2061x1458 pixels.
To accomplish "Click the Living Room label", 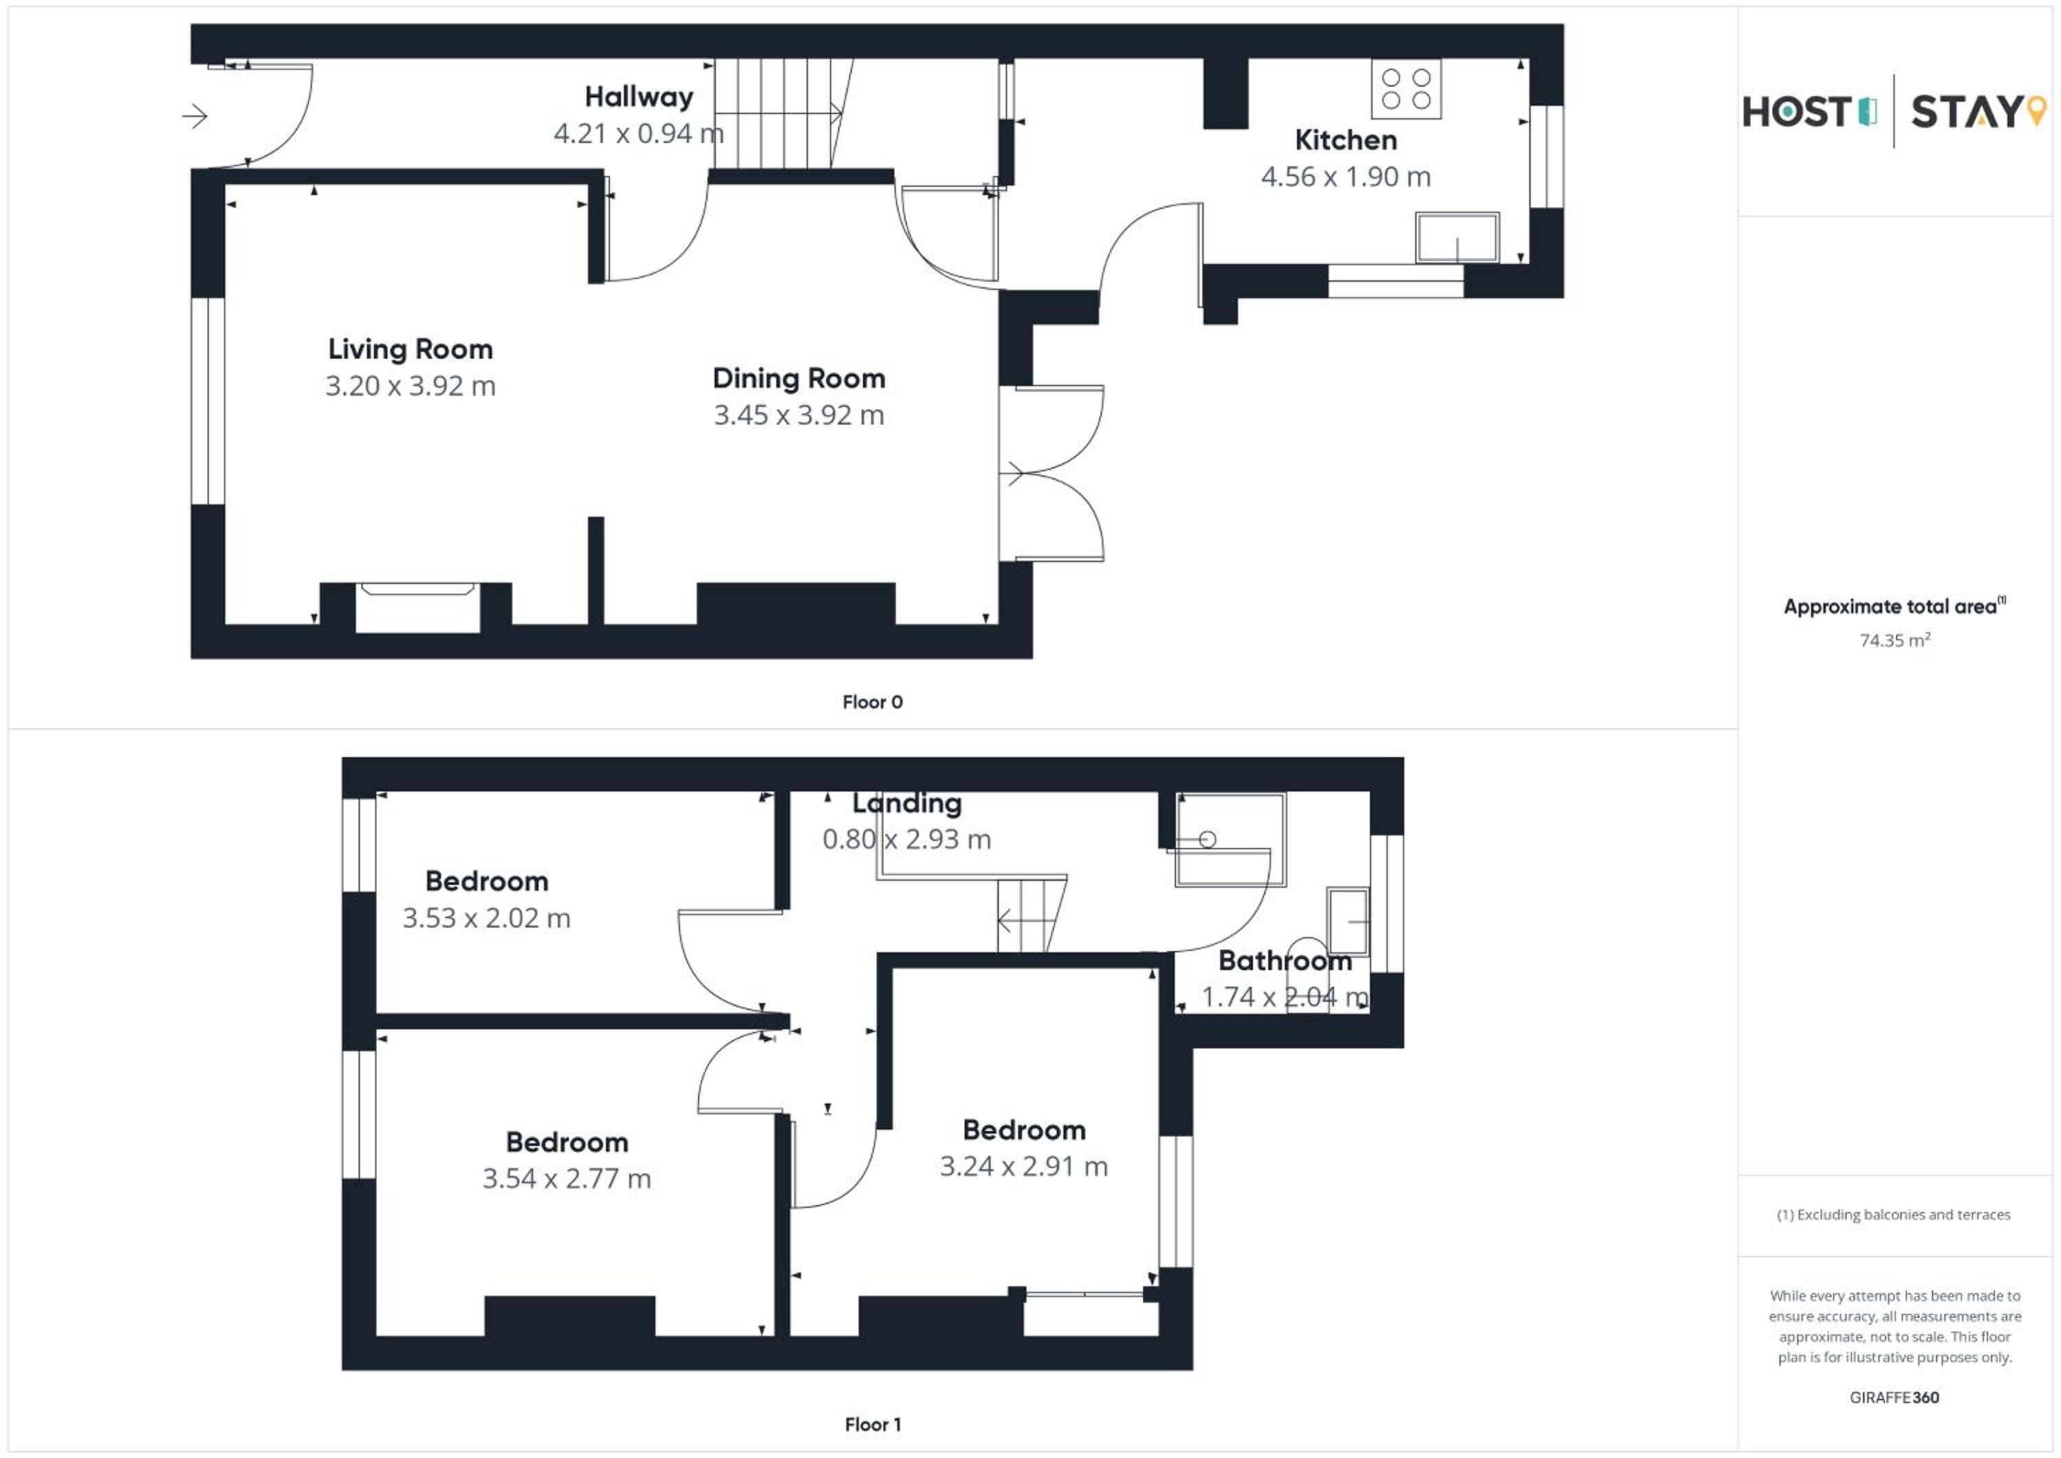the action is pos(410,348).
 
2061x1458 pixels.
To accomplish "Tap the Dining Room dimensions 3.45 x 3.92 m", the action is pos(799,415).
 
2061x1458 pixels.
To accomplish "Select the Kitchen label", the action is pos(1346,140).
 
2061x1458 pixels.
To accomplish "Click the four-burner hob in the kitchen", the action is pos(1406,89).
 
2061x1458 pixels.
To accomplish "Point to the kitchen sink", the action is pos(1457,238).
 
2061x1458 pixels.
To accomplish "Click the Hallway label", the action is pos(639,97).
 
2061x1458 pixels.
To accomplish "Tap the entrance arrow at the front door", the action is pos(195,116).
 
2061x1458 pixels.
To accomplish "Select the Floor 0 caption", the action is pos(872,702).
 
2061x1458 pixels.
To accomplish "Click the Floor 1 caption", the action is pos(872,1425).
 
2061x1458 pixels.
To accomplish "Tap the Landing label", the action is pos(907,803).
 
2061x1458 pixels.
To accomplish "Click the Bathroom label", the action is pos(1285,961).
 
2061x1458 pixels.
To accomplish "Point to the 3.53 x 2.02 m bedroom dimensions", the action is pos(486,917).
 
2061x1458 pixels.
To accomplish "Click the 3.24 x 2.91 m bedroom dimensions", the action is pos(1024,1166).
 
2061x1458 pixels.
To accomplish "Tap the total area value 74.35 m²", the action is pos(1894,640).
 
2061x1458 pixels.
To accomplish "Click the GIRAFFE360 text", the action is pos(1894,1398).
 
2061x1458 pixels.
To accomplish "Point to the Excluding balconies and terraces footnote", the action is pos(1893,1215).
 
